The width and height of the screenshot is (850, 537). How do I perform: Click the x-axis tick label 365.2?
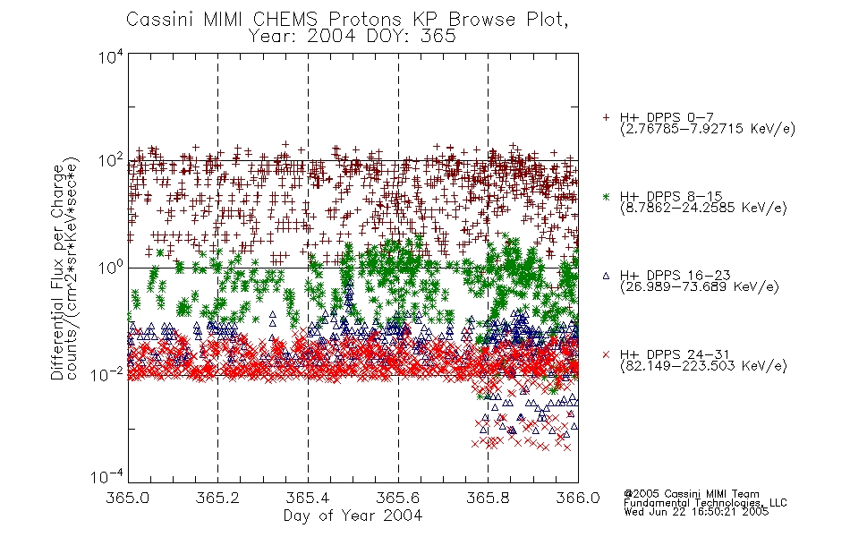pyautogui.click(x=217, y=498)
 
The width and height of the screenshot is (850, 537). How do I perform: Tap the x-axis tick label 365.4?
pyautogui.click(x=308, y=498)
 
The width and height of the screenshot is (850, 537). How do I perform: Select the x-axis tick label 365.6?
pyautogui.click(x=398, y=498)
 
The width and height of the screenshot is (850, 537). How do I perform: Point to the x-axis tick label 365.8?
pyautogui.click(x=488, y=498)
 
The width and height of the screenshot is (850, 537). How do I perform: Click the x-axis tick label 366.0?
pyautogui.click(x=578, y=498)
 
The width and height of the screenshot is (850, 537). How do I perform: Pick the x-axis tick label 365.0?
pyautogui.click(x=127, y=498)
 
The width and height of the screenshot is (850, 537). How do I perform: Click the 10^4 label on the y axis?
pyautogui.click(x=111, y=57)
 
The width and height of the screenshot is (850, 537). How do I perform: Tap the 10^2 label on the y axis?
pyautogui.click(x=111, y=161)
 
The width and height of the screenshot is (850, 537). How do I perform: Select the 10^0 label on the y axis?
pyautogui.click(x=111, y=268)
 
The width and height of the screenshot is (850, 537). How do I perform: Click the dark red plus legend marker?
pyautogui.click(x=606, y=117)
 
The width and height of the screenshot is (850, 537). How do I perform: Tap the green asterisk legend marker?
pyautogui.click(x=606, y=196)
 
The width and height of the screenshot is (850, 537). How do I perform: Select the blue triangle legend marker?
pyautogui.click(x=606, y=276)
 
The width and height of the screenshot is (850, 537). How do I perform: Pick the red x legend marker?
pyautogui.click(x=606, y=354)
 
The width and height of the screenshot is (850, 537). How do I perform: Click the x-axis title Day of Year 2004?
pyautogui.click(x=353, y=516)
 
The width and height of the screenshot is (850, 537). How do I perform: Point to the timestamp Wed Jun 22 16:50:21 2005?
pyautogui.click(x=696, y=512)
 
